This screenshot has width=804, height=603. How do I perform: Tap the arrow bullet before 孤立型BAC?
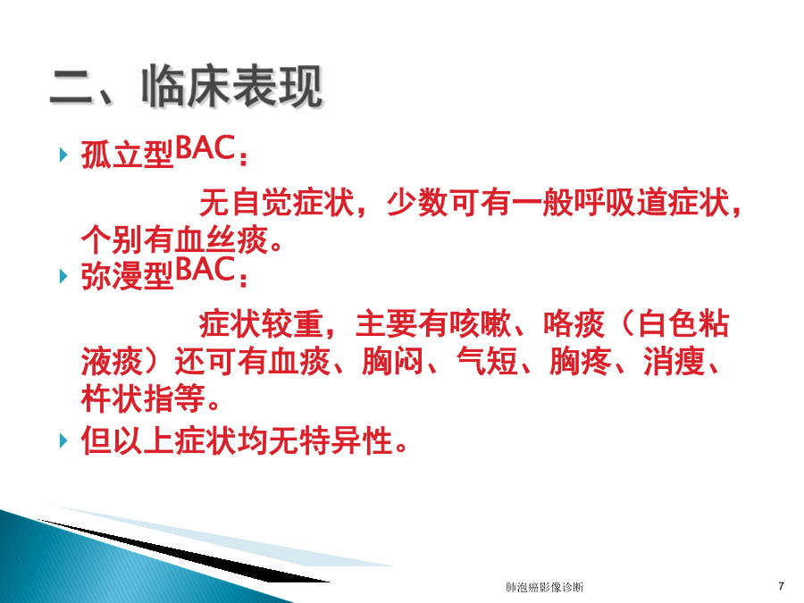(x=63, y=155)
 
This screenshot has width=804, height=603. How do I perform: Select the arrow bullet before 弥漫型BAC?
(x=63, y=276)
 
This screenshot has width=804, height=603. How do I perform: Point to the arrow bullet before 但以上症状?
(x=63, y=440)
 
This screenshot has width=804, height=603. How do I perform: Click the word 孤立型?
(x=128, y=155)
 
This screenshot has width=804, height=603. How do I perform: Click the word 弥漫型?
(x=128, y=276)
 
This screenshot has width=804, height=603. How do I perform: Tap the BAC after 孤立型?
(x=205, y=148)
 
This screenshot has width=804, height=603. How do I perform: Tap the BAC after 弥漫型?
(x=205, y=270)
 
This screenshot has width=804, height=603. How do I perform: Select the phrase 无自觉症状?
(x=277, y=203)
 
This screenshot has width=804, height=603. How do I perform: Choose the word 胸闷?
(x=393, y=361)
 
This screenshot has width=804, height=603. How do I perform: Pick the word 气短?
(x=487, y=361)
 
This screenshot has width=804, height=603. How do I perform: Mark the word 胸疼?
(x=581, y=361)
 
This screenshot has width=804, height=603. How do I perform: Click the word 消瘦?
(x=674, y=361)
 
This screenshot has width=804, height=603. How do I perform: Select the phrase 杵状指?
(x=128, y=398)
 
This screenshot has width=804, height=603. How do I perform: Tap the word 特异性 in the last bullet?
(x=347, y=440)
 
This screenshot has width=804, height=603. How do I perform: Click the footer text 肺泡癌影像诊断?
(x=544, y=587)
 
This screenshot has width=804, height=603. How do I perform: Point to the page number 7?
(x=781, y=586)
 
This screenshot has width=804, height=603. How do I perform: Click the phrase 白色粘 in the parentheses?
(x=682, y=324)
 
